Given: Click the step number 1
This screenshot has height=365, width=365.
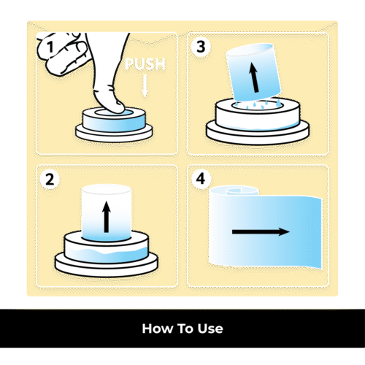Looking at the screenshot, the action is click(50, 47).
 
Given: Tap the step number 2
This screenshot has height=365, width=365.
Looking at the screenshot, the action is click(50, 180).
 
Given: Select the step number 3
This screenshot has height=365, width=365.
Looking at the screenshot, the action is click(201, 47).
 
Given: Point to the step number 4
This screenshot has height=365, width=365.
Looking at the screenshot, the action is click(201, 179).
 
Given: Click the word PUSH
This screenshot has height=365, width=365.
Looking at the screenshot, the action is click(145, 64).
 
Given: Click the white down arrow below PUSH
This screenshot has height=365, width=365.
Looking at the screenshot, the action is click(145, 86).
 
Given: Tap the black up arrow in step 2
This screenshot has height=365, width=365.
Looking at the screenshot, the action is click(107, 217).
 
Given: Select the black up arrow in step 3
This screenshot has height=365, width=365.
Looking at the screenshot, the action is click(254, 77).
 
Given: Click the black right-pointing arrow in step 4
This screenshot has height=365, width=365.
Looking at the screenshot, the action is click(261, 231).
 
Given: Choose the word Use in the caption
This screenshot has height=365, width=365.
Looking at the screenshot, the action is click(210, 328).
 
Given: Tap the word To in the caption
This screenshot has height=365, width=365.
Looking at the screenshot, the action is click(185, 328).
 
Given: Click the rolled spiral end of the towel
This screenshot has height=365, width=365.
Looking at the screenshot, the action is click(242, 191).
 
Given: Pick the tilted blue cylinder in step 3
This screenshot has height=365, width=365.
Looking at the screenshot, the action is click(253, 72).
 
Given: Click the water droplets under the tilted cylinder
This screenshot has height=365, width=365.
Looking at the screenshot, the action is click(258, 104).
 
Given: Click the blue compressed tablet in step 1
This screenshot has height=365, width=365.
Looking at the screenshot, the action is click(114, 120).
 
